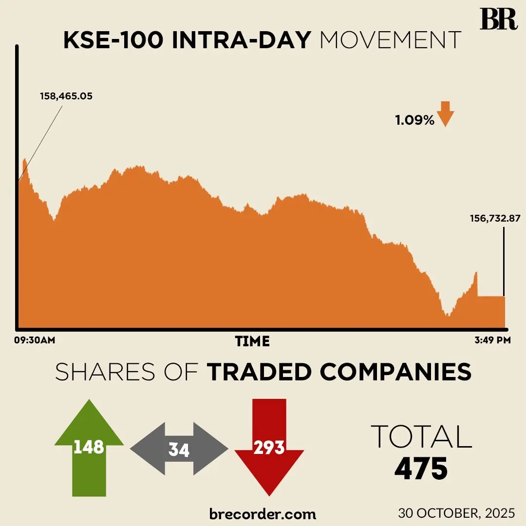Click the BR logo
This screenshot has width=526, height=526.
[498, 19]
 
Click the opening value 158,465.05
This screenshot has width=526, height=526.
[66, 96]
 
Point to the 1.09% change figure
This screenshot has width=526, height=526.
[414, 120]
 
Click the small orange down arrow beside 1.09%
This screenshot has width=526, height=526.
[445, 114]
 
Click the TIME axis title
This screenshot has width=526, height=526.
[252, 341]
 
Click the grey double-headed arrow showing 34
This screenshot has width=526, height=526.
[179, 449]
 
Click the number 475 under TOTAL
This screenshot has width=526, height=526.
[421, 469]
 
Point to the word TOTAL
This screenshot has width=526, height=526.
[421, 436]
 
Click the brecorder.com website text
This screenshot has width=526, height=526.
[263, 513]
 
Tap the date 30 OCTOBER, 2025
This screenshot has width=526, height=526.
[456, 513]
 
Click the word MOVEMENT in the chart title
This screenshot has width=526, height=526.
[391, 41]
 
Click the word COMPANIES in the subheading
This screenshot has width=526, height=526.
[395, 372]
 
